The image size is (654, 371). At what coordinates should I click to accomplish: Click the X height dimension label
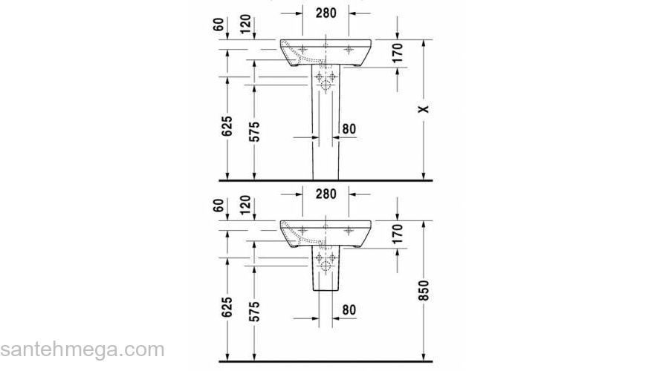pyautogui.click(x=424, y=109)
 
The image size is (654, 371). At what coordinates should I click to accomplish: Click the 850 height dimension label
pyautogui.click(x=423, y=289)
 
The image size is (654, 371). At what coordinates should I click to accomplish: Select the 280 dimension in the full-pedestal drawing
pyautogui.click(x=326, y=13)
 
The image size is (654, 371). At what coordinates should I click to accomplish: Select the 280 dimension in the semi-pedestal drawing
pyautogui.click(x=326, y=194)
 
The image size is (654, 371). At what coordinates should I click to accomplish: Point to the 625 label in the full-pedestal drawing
pyautogui.click(x=227, y=128)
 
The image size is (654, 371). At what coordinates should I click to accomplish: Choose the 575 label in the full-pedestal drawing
pyautogui.click(x=254, y=128)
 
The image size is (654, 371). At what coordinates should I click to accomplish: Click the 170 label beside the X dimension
pyautogui.click(x=397, y=53)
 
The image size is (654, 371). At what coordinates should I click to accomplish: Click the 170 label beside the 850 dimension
pyautogui.click(x=397, y=234)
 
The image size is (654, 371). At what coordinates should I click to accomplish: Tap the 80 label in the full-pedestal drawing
pyautogui.click(x=349, y=128)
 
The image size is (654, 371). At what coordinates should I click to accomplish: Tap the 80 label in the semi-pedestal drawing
pyautogui.click(x=349, y=310)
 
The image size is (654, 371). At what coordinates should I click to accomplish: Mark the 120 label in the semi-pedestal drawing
pyautogui.click(x=245, y=206)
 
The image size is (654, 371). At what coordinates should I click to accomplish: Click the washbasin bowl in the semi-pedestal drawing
pyautogui.click(x=327, y=232)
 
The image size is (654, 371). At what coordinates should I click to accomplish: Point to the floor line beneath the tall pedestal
pyautogui.click(x=326, y=180)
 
